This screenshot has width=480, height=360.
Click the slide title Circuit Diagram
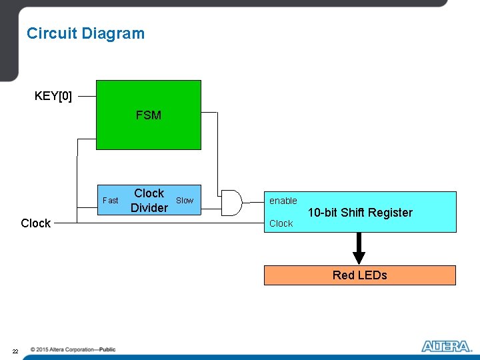(x=85, y=33)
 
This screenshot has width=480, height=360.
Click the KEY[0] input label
(x=53, y=96)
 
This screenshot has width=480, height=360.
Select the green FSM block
(x=148, y=115)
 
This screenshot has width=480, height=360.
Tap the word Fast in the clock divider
(x=111, y=200)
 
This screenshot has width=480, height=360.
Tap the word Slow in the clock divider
(x=185, y=200)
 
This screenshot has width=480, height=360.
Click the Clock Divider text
(x=149, y=201)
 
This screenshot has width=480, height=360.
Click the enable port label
(x=283, y=201)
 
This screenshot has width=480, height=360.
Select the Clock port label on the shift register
(x=281, y=223)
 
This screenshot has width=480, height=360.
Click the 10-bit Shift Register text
(x=360, y=213)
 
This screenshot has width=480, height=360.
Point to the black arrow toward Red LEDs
(x=359, y=249)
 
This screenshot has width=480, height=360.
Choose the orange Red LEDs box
(x=360, y=275)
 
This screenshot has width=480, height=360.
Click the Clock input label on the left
(x=35, y=223)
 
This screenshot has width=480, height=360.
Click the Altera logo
(x=446, y=346)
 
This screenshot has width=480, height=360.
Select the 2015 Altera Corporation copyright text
(x=73, y=349)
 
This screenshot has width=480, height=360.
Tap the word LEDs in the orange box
(x=373, y=275)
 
